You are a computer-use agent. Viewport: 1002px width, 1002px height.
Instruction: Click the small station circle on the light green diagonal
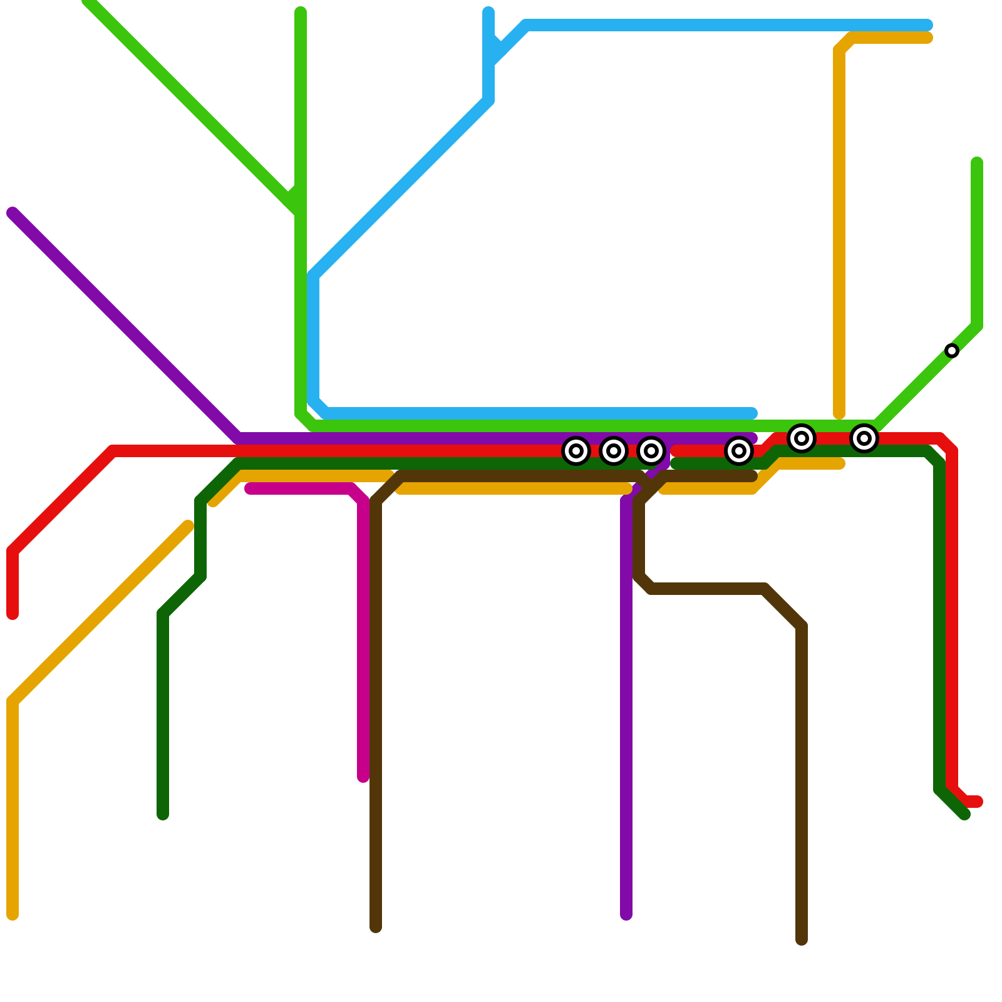952,351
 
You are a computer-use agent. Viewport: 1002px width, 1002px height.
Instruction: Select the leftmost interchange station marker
576,451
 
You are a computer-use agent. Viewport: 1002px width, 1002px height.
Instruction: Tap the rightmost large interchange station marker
864,438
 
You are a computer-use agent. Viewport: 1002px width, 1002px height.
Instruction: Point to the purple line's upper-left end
13,213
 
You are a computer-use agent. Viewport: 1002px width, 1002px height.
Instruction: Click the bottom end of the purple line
626,915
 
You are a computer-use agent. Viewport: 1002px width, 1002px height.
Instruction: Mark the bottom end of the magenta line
363,777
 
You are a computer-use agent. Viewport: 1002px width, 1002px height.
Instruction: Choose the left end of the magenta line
250,488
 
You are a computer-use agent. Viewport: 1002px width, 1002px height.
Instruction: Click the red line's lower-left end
13,614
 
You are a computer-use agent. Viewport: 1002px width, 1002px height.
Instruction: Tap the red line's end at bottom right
978,802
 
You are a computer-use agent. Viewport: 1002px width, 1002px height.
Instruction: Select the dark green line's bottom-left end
163,814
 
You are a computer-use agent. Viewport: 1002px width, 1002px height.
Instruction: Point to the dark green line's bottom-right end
964,814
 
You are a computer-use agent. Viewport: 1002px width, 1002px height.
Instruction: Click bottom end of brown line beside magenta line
376,927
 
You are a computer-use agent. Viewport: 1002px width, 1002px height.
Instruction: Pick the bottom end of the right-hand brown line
802,939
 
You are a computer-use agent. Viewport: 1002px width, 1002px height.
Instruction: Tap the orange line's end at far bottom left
13,915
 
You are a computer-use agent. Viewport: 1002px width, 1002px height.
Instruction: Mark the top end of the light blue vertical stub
488,13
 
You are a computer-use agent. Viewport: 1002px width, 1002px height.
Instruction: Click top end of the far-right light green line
977,163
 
